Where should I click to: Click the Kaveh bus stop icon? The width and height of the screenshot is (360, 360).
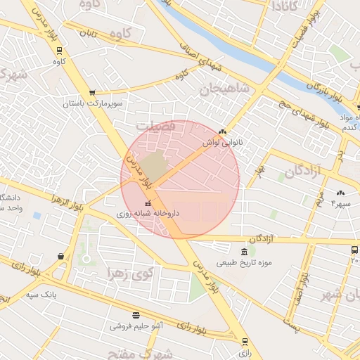coord(60,51)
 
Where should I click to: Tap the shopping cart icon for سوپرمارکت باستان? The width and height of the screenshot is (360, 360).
coord(92,93)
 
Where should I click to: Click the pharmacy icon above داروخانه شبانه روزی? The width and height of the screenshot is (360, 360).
coord(148,202)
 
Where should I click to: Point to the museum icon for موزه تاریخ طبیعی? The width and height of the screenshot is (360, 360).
coord(244,252)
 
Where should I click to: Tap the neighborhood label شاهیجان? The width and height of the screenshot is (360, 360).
coord(224,89)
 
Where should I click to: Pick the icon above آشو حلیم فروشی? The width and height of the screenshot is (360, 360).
coord(135,315)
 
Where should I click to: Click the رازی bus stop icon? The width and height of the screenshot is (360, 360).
coord(245,342)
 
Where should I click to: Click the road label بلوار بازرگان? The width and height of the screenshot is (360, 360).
coord(323,94)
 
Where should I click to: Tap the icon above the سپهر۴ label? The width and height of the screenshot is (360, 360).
coord(341,193)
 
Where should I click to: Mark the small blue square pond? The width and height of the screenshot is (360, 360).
coord(37,215)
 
